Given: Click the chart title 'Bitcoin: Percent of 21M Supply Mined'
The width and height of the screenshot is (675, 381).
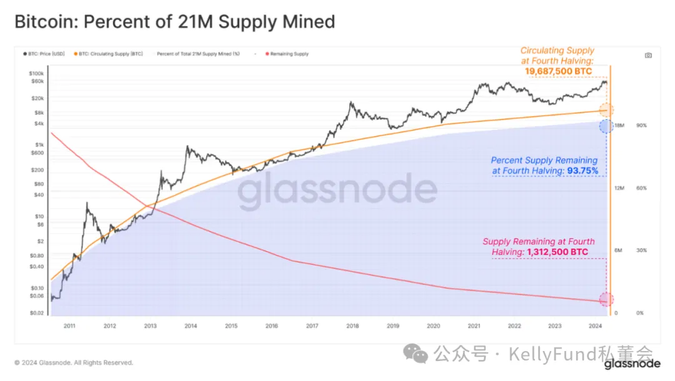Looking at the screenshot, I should pos(174,22).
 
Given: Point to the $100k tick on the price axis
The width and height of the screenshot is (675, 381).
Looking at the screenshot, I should pos(36,73).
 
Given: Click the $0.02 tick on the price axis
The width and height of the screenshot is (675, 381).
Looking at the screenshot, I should pos(36,313).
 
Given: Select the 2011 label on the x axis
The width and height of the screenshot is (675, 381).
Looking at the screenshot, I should pos(69,326).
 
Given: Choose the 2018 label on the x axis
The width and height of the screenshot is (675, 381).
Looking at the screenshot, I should pos(352,326).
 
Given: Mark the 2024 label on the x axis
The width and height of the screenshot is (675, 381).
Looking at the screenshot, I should pos(595,326).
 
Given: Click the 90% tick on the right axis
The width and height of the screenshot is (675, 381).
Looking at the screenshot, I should pos(641,126).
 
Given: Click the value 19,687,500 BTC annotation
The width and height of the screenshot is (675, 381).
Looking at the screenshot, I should pos(558,72).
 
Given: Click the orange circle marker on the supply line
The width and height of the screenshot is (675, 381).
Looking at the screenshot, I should pos(606,111).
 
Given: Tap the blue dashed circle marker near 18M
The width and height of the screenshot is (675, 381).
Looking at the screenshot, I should pos(606,126).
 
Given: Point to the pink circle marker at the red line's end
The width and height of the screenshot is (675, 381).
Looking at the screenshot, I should pos(606,300).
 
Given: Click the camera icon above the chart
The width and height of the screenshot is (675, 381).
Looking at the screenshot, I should pos(648,55).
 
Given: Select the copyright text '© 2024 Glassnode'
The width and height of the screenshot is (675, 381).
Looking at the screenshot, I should pos(74,362).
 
